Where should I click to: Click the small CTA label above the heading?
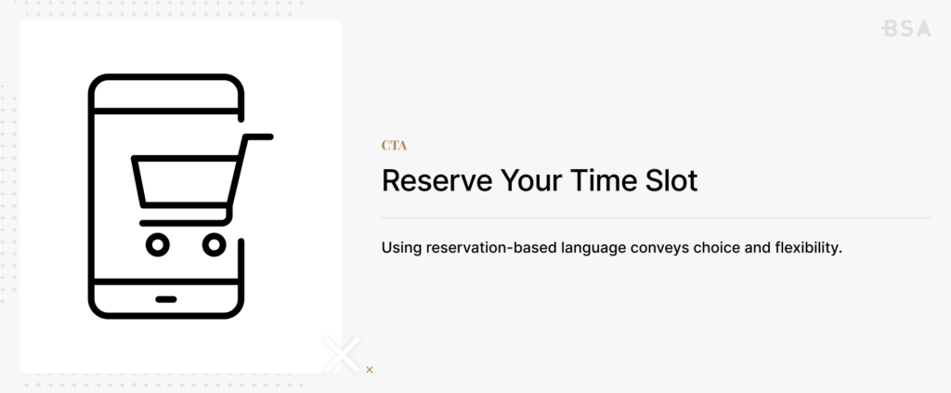[x=394, y=146]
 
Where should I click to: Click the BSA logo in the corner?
[x=905, y=29]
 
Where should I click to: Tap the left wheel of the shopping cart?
[x=158, y=244]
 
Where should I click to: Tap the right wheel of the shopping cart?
[x=214, y=244]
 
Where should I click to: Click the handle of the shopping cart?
[x=259, y=138]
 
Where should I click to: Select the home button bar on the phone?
[x=166, y=299]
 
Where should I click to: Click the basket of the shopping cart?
[x=186, y=183]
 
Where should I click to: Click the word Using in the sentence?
[x=400, y=249]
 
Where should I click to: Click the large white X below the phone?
[x=341, y=355]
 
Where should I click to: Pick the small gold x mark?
[x=370, y=370]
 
